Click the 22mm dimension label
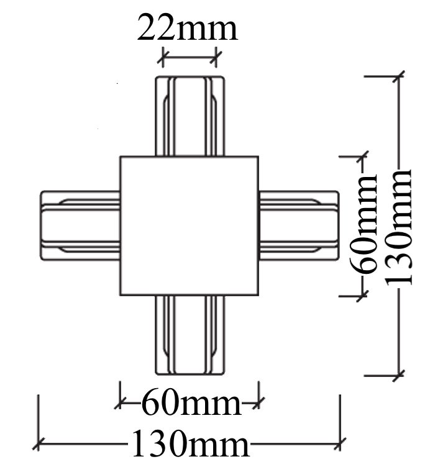pyautogui.click(x=188, y=27)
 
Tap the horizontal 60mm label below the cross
pyautogui.click(x=191, y=402)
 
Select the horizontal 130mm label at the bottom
pyautogui.click(x=190, y=443)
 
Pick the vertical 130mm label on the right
pyautogui.click(x=398, y=227)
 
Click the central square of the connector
pyautogui.click(x=189, y=226)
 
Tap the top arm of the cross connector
pyautogui.click(x=190, y=116)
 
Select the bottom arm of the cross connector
pyautogui.click(x=190, y=335)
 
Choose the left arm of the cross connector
pyautogui.click(x=80, y=226)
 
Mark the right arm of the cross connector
pyautogui.click(x=299, y=226)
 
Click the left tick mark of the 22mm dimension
pyautogui.click(x=163, y=57)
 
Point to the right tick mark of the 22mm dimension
pyautogui.click(x=216, y=57)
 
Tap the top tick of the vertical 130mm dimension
pyautogui.click(x=399, y=76)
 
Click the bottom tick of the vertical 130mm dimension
pyautogui.click(x=399, y=376)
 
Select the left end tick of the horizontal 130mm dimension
pyautogui.click(x=39, y=443)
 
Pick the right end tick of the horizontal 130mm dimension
pyautogui.click(x=340, y=443)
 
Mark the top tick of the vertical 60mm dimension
pyautogui.click(x=362, y=157)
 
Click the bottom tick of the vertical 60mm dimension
pyautogui.click(x=362, y=296)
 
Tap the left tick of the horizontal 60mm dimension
pyautogui.click(x=120, y=402)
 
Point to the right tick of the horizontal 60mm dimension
pyautogui.click(x=259, y=402)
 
